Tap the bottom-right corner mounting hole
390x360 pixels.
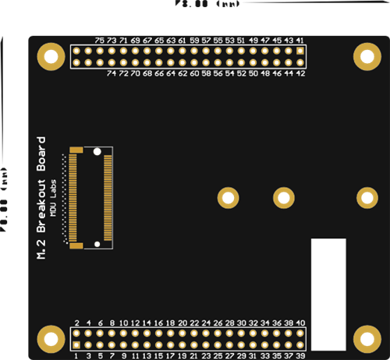(x=366, y=338)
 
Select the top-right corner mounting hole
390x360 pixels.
(x=366, y=56)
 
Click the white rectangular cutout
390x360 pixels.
(x=328, y=294)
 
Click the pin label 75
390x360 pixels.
(x=99, y=40)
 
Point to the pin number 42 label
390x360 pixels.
(x=300, y=73)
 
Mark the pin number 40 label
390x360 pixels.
(x=300, y=323)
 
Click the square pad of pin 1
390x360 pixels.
(x=76, y=344)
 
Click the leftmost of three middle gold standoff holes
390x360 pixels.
(x=228, y=197)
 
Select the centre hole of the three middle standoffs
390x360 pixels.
(x=282, y=197)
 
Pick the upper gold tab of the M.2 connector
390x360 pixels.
(x=76, y=148)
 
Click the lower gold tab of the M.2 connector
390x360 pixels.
(x=76, y=245)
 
